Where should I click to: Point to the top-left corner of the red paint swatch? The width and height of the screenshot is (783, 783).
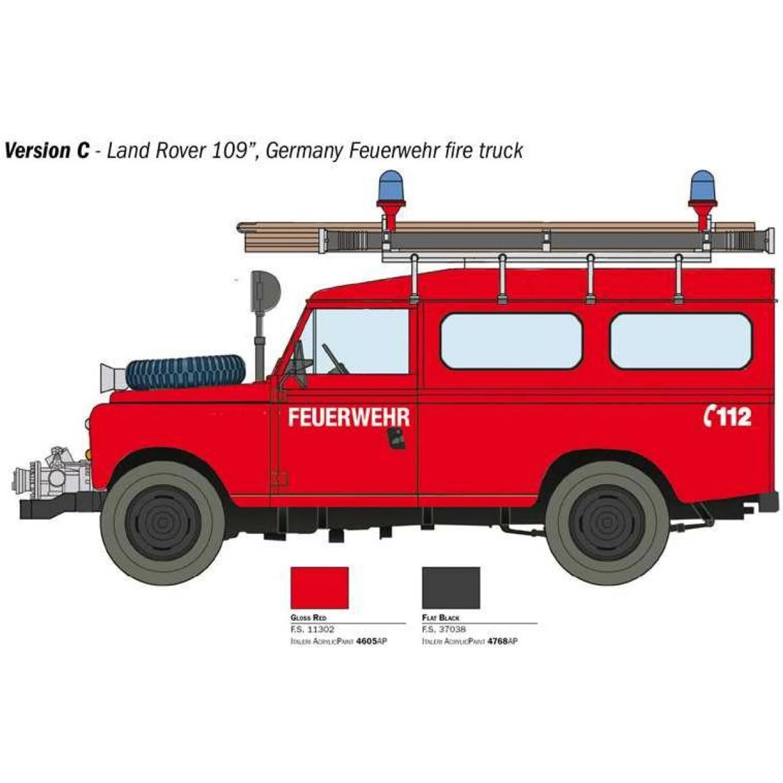(x=291, y=567)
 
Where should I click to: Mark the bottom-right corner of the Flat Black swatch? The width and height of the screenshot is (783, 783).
(x=480, y=608)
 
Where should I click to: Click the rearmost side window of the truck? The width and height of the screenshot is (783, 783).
(x=681, y=341)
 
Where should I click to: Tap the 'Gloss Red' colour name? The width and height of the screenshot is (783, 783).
(x=309, y=618)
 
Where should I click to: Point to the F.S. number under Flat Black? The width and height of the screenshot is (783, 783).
(x=444, y=630)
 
